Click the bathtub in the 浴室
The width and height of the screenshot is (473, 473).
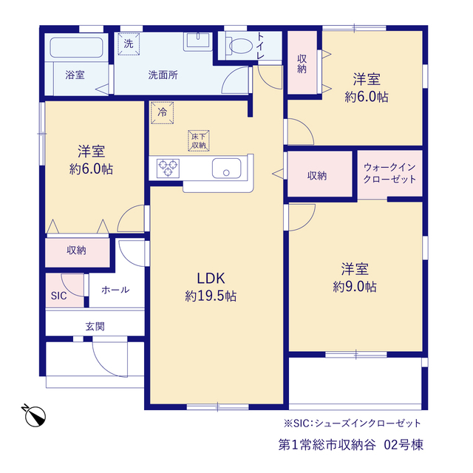(x=76, y=47)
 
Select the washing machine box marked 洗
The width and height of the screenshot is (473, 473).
(x=129, y=44)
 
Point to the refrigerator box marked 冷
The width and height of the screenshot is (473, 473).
(x=163, y=113)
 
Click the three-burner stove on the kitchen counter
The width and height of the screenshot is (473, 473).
(x=168, y=169)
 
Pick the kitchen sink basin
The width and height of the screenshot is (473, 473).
(x=227, y=169)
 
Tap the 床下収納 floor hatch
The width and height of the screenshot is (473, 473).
(x=199, y=140)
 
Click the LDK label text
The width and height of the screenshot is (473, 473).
(x=211, y=279)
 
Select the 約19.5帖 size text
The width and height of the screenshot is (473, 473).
(x=211, y=296)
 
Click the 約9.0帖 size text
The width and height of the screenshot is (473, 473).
(x=355, y=287)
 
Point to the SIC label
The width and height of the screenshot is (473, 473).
(x=59, y=296)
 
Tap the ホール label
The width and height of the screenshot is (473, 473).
(x=115, y=290)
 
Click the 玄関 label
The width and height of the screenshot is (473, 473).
(x=95, y=327)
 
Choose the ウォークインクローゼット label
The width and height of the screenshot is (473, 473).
(x=389, y=173)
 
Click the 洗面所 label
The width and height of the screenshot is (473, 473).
(x=163, y=75)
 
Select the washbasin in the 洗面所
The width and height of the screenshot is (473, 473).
(x=198, y=41)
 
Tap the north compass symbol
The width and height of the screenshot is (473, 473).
(x=34, y=415)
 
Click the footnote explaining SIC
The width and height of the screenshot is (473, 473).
(x=352, y=423)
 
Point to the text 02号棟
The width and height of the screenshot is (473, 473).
(x=404, y=445)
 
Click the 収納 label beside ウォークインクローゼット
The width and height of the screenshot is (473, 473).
(x=317, y=176)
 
